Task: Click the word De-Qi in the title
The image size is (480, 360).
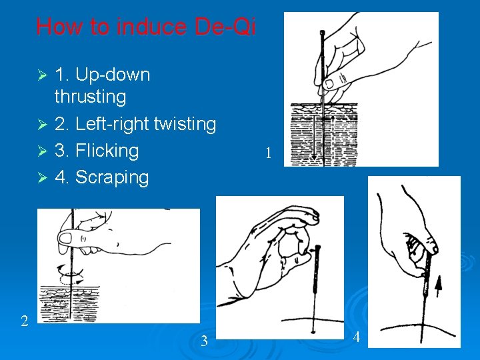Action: [x=225, y=26]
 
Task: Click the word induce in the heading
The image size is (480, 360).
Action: [x=151, y=26]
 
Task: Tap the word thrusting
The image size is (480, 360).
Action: [x=90, y=97]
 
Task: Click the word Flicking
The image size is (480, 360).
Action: [x=107, y=151]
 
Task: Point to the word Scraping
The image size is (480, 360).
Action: [x=112, y=177]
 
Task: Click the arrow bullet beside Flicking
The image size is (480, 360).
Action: [x=43, y=151]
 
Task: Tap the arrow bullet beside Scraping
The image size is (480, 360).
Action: [x=43, y=177]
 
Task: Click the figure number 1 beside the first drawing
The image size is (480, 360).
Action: [x=268, y=153]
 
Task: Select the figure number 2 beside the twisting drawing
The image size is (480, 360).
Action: [x=25, y=321]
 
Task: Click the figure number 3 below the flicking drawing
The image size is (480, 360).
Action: [x=204, y=341]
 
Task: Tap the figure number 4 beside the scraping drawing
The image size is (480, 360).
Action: [x=356, y=337]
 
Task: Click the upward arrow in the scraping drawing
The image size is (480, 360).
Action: [x=439, y=286]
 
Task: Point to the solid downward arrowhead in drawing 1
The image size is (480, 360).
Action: [x=314, y=157]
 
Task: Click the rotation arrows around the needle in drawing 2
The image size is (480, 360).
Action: [x=71, y=275]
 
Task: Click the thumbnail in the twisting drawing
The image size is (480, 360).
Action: [x=65, y=239]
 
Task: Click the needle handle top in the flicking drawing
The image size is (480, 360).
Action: [x=317, y=247]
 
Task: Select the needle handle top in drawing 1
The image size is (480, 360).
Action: [x=322, y=32]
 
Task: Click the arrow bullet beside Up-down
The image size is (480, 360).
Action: [x=43, y=75]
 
